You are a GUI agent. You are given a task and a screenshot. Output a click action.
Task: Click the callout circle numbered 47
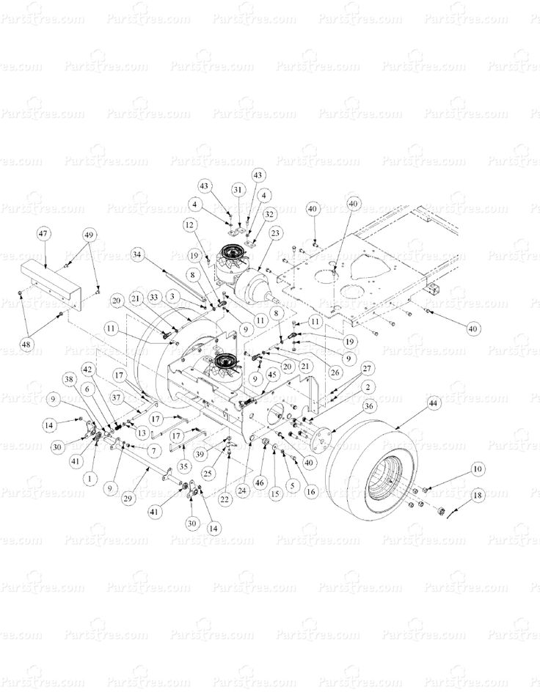(x=43, y=234)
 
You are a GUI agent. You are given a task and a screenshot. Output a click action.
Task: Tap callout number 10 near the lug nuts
(x=478, y=469)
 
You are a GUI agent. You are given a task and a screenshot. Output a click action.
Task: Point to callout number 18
(x=478, y=496)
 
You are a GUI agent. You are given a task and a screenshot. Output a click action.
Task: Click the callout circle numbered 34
(x=136, y=254)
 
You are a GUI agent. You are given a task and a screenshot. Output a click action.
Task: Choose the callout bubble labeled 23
(x=276, y=233)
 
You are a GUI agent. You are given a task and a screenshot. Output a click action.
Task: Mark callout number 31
(x=237, y=189)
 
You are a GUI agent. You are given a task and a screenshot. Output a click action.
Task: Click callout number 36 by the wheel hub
(x=368, y=405)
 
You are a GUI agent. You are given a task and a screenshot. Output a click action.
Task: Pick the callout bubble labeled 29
(x=128, y=499)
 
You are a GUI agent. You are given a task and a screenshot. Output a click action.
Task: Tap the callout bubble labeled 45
(x=271, y=374)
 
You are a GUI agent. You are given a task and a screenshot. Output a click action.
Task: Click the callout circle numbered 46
(x=259, y=483)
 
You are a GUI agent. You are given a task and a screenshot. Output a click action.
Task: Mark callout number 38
(x=70, y=379)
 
